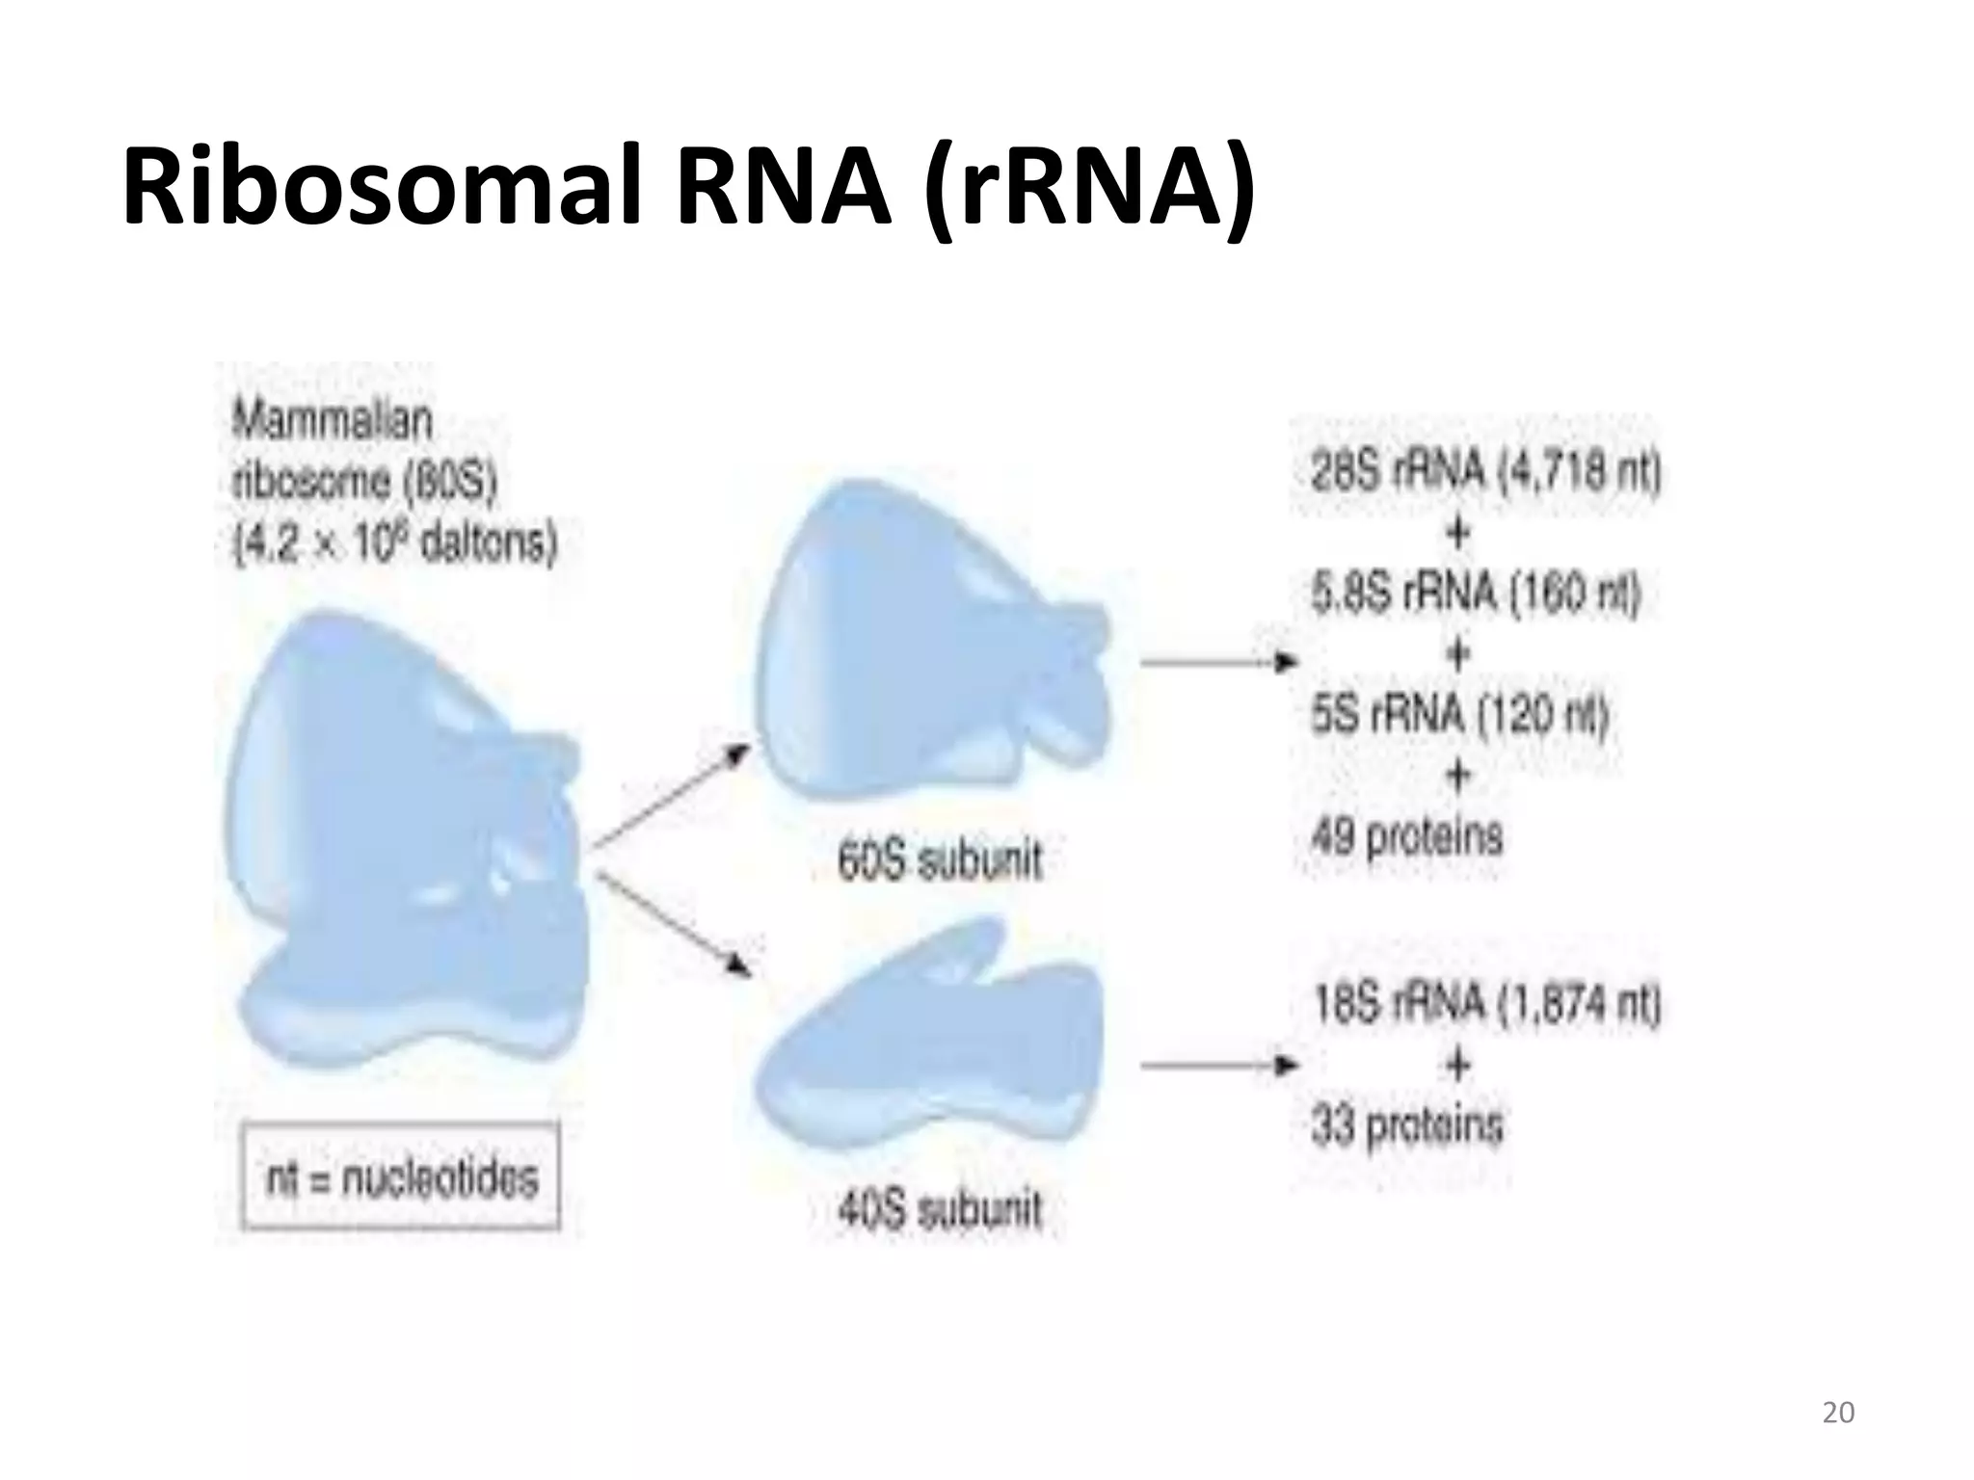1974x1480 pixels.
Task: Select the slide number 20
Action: (x=1838, y=1413)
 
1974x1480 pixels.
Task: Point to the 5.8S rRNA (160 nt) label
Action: (x=1475, y=595)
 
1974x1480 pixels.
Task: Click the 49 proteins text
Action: (x=1406, y=835)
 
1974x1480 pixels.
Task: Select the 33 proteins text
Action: (x=1406, y=1124)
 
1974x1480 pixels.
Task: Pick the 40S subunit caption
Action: (x=940, y=1210)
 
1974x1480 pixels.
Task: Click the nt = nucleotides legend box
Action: (x=400, y=1176)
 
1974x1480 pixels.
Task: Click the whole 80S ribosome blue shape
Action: (x=405, y=848)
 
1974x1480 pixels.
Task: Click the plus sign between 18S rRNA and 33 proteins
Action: (x=1458, y=1065)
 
